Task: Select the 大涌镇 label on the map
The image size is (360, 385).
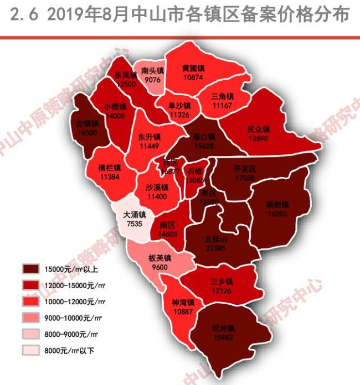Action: pos(135,215)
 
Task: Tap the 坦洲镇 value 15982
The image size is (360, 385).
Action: pos(223,337)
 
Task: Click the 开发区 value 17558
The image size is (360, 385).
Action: pos(244,178)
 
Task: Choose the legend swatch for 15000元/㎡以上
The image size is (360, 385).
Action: pos(36,270)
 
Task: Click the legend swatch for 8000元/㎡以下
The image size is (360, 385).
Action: pos(36,350)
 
